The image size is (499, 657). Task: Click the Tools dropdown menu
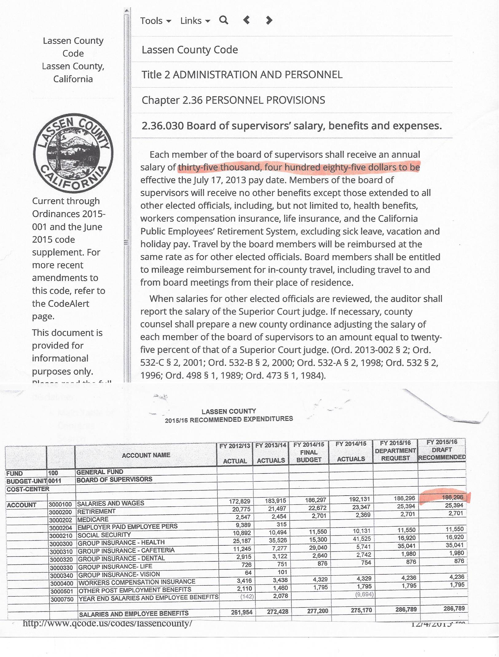pos(155,21)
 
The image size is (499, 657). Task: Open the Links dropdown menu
pos(195,21)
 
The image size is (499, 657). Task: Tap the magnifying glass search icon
pos(224,20)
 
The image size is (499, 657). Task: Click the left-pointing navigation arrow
pos(246,20)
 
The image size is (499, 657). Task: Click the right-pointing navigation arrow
pos(269,20)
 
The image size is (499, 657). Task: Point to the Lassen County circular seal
pos(73,153)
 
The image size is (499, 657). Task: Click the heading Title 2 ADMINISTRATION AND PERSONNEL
pos(242,75)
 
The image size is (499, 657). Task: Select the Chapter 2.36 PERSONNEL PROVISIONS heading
pos(233,100)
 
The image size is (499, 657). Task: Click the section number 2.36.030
pos(163,126)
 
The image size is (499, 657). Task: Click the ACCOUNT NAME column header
pos(146,455)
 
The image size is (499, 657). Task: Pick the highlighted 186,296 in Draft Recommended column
pos(452,497)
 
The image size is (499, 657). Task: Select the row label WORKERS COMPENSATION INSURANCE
pos(137,582)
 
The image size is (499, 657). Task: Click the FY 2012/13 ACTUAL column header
pos(235,453)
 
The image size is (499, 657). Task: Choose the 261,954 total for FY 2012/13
pos(242,612)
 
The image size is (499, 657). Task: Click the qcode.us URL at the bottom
pos(107,623)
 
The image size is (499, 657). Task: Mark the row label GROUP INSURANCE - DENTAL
pos(121,558)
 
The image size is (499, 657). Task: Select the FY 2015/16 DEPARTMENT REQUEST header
pos(395,451)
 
